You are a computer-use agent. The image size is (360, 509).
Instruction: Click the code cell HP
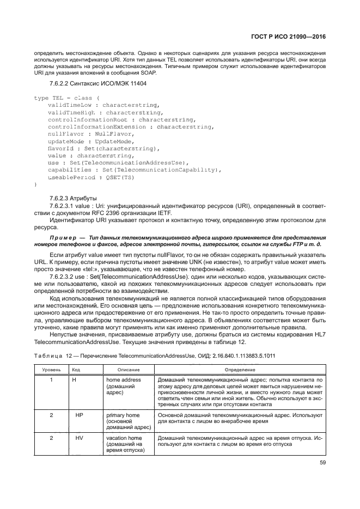click(x=79, y=415)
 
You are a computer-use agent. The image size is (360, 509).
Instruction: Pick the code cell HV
click(x=79, y=437)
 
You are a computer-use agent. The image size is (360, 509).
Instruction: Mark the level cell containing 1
click(x=51, y=379)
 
